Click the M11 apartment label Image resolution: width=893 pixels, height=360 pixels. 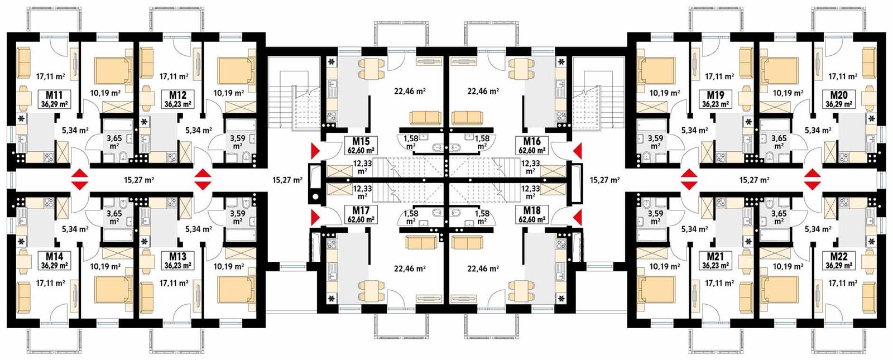point(54,94)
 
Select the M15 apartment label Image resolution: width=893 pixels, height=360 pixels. point(361,142)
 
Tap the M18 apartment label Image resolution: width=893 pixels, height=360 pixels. point(531,211)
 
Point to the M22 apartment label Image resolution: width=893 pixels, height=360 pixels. point(839,257)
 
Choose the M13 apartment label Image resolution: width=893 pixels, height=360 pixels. point(177,257)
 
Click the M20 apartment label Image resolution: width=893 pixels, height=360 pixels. point(839,95)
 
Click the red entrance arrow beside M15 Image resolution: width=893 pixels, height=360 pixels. point(315,150)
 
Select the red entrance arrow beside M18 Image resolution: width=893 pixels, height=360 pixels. point(577,216)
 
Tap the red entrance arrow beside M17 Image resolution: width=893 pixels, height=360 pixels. point(315,216)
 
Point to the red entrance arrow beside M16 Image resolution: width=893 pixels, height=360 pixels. point(577,150)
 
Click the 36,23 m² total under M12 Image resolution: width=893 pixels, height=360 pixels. point(178,104)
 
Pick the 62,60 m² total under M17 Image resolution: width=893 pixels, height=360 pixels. point(361,219)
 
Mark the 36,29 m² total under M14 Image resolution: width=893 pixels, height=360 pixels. point(54,266)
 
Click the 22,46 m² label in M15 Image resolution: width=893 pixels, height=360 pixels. point(410,91)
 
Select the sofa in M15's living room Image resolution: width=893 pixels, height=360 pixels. point(425,118)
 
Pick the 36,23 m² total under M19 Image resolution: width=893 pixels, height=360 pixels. point(716,104)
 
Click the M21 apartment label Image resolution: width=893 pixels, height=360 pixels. point(716,257)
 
